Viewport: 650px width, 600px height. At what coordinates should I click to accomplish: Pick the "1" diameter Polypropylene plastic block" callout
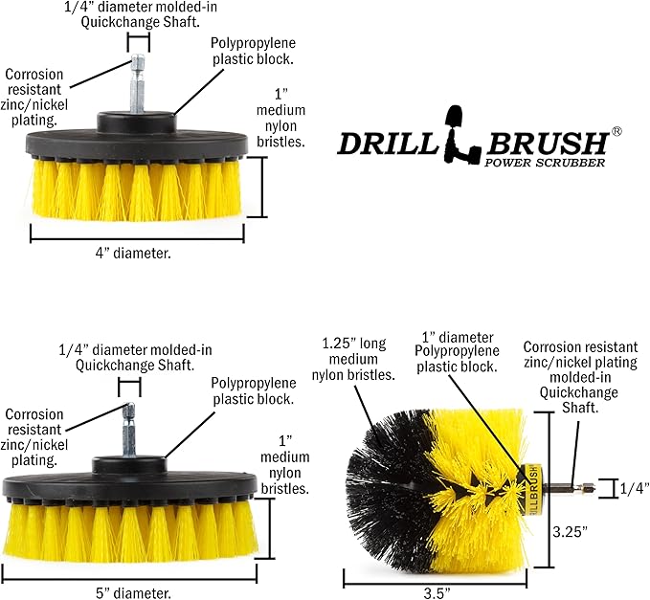pos(459,352)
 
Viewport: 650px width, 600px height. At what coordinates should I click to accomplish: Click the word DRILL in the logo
pos(387,144)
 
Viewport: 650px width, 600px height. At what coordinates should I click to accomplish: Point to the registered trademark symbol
pos(617,131)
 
